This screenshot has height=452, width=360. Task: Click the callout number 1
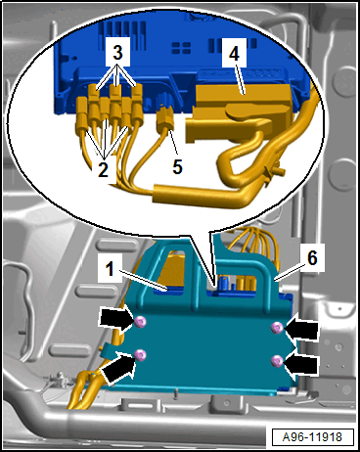[x=110, y=270]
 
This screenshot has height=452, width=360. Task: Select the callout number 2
[x=103, y=170]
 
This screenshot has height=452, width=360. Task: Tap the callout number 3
[x=117, y=53]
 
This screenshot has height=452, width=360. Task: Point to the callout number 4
[x=234, y=53]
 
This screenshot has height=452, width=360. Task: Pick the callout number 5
[x=177, y=166]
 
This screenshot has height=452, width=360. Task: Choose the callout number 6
[x=312, y=258]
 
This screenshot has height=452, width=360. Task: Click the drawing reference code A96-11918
[x=312, y=437]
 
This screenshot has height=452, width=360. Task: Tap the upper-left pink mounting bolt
[x=141, y=322]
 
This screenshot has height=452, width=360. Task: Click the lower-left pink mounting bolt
[x=141, y=354]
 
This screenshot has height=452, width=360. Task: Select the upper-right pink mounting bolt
[x=277, y=328]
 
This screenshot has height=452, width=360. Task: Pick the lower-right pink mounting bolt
[x=277, y=361]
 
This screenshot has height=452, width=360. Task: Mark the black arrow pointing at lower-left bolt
[x=119, y=368]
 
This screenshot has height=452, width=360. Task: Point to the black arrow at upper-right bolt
[x=301, y=328]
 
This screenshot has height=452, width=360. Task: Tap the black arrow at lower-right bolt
[x=300, y=363]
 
